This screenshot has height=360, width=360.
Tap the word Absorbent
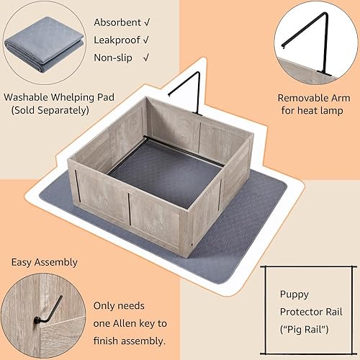[x=116, y=22]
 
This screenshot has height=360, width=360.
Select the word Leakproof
[x=116, y=40]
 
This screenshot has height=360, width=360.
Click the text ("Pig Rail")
[x=304, y=330]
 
